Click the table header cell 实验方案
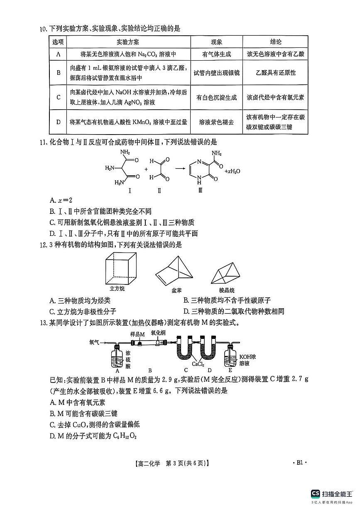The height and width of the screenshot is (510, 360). coord(128,42)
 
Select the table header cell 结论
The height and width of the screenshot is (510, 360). coord(275,42)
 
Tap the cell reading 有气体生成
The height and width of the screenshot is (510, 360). coord(216,54)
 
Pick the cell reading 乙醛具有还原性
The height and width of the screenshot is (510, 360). coord(275,73)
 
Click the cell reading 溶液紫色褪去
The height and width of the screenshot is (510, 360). coord(216,122)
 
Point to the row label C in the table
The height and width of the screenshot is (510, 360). coord(58,98)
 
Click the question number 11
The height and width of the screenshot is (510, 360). coord(42,142)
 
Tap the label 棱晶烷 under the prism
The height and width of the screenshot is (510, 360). coord(227,290)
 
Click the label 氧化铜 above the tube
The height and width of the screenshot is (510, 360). coord(158,333)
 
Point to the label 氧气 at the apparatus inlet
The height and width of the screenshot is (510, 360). coord(94,343)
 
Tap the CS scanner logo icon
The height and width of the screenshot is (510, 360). coord(315,493)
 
